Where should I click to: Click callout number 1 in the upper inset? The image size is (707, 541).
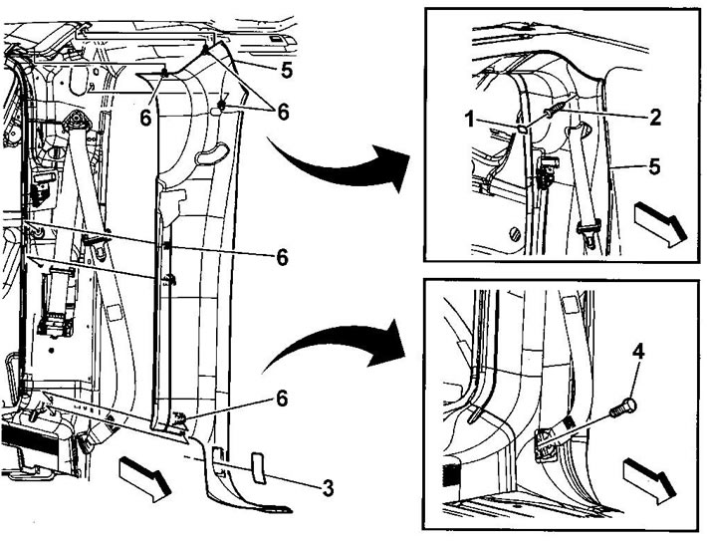coord(470,120)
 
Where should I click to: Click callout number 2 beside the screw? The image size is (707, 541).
coord(654,117)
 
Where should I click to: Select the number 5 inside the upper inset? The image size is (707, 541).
coord(654,166)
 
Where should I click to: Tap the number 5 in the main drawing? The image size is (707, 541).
coord(287,70)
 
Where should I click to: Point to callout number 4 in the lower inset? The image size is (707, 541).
coord(638,351)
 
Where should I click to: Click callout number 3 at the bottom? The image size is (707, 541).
coord(328,488)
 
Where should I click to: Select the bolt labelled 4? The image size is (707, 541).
coord(623,406)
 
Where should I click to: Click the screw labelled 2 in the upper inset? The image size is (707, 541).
coord(556,111)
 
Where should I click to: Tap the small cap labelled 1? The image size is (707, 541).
coord(522,130)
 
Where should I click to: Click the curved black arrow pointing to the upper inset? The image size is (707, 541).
coord(343,163)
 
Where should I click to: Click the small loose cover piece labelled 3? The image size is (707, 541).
coord(258,468)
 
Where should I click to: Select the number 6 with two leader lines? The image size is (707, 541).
coord(283,113)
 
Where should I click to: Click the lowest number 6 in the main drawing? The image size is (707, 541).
coord(282,399)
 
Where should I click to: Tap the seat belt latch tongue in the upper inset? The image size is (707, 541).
coord(589,229)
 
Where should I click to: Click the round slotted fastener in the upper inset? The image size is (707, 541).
coord(515,234)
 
